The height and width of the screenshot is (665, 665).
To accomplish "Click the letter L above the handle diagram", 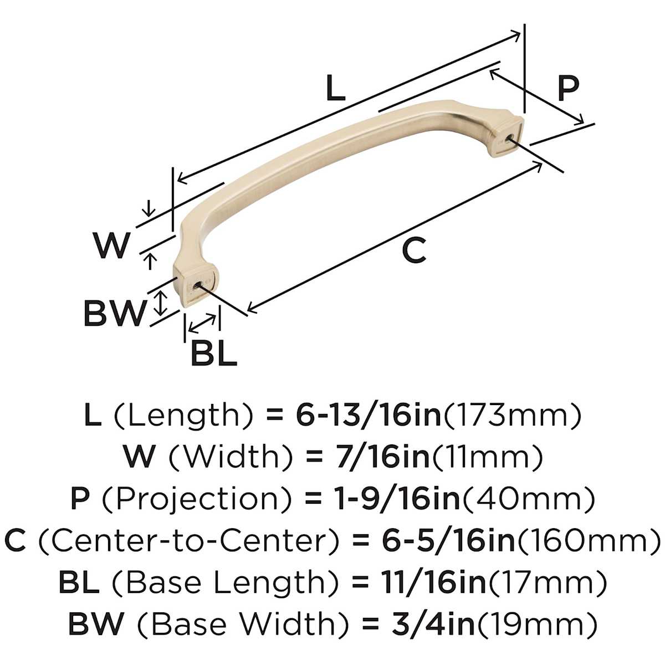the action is point(335,89).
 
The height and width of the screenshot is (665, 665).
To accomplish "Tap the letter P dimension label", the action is point(569,89).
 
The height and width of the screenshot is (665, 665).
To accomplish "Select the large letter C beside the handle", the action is point(414,250).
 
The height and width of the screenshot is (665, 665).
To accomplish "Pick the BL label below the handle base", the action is point(214,353).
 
